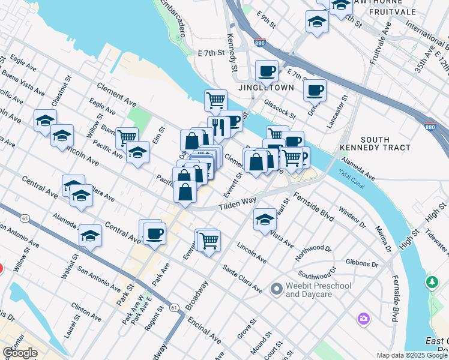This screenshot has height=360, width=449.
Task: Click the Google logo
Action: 20,353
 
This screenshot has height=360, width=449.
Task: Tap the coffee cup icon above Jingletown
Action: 267,71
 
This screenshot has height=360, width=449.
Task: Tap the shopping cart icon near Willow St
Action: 127,138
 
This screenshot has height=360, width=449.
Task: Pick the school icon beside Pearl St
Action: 264,220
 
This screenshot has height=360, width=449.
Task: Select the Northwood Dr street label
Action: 313,253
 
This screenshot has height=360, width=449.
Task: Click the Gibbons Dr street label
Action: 362,263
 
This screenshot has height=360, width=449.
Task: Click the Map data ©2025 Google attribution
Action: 412,355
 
